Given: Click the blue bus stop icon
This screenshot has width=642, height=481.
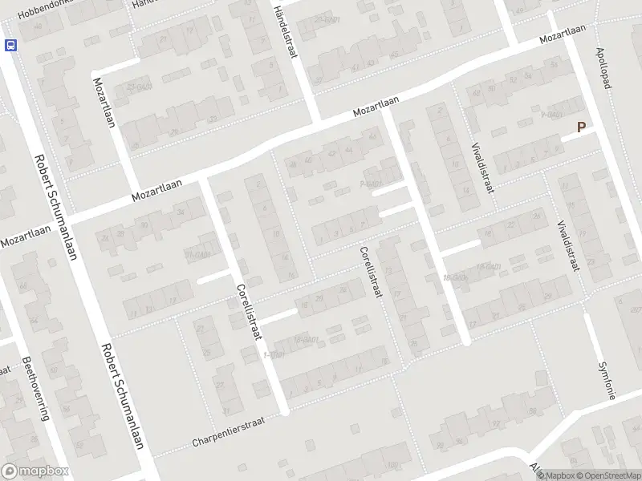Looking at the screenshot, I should [x=11, y=46].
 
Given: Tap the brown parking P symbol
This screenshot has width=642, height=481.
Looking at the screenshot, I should [x=581, y=127].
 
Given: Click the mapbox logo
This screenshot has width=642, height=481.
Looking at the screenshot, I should [x=35, y=471].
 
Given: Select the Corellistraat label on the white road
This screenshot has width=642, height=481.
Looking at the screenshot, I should [x=249, y=313].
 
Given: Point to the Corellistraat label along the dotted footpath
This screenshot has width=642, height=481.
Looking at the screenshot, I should [x=370, y=273].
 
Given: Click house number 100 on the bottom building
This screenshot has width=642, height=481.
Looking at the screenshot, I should [x=391, y=466].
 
